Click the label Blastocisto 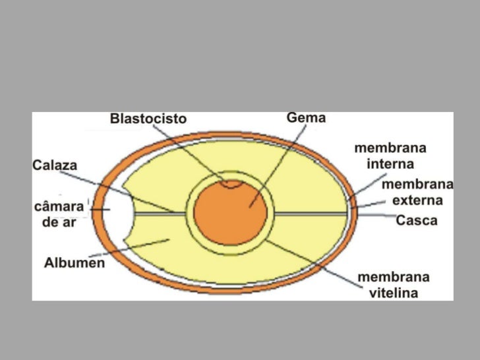click(x=148, y=119)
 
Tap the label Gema click(x=306, y=118)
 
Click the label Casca click(x=416, y=221)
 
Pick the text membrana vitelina click(x=393, y=285)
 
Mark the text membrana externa click(x=418, y=192)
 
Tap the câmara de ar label click(x=59, y=214)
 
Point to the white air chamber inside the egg click(x=116, y=212)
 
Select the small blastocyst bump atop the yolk click(x=230, y=184)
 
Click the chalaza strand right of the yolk click(x=310, y=214)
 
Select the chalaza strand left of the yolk click(x=158, y=214)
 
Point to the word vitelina click(x=393, y=293)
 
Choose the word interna click(x=390, y=163)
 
